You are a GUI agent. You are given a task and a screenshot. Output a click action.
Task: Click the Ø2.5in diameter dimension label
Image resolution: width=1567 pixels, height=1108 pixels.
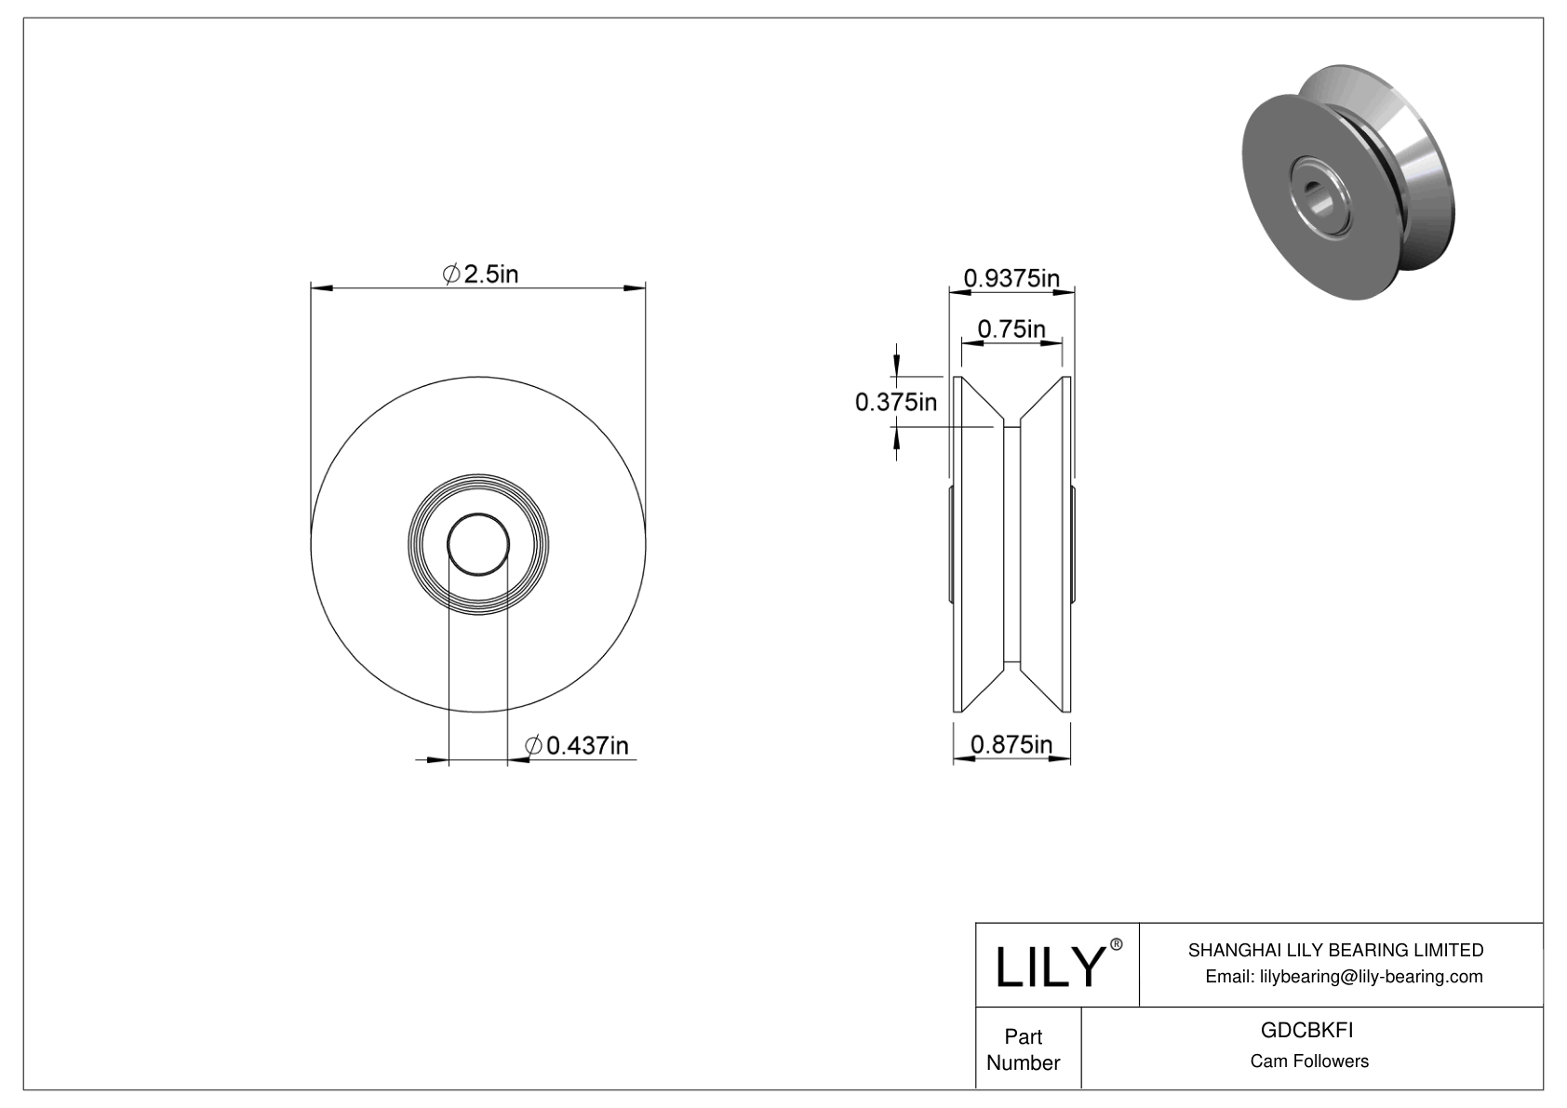pyautogui.click(x=480, y=274)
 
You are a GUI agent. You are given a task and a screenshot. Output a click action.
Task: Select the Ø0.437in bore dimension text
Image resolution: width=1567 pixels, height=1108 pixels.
pyautogui.click(x=576, y=746)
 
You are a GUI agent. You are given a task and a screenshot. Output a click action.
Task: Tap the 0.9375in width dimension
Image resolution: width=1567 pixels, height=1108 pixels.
pyautogui.click(x=1011, y=278)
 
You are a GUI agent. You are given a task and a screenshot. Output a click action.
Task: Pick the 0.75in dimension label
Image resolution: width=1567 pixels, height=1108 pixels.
pyautogui.click(x=1011, y=329)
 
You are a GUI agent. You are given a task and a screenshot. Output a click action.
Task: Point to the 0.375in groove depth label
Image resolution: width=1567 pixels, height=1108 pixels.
pyautogui.click(x=895, y=403)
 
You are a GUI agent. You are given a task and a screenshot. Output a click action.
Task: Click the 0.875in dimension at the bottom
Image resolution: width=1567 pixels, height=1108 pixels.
pyautogui.click(x=1011, y=744)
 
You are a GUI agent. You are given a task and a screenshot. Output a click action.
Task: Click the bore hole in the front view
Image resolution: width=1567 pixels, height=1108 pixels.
pyautogui.click(x=478, y=544)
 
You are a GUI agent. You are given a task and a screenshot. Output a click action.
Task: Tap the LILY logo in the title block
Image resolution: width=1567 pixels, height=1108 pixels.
pyautogui.click(x=1049, y=967)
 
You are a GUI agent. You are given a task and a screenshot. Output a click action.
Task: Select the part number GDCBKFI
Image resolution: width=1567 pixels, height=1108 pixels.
pyautogui.click(x=1306, y=1031)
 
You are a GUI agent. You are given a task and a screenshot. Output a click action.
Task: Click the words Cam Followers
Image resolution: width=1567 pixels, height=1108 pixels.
pyautogui.click(x=1308, y=1061)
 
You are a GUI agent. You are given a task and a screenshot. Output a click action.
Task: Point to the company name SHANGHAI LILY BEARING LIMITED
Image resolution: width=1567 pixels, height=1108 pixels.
pyautogui.click(x=1335, y=950)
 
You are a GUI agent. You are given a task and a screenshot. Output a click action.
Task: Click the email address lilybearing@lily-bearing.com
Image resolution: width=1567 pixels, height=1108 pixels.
pyautogui.click(x=1344, y=977)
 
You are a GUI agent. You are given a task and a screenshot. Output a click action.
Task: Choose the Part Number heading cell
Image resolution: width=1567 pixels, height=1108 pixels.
pyautogui.click(x=1023, y=1049)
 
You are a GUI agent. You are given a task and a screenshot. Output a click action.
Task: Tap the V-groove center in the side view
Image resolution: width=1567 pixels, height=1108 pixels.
pyautogui.click(x=1011, y=544)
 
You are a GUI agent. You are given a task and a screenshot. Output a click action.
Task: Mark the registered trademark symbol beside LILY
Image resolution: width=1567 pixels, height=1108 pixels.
pyautogui.click(x=1117, y=945)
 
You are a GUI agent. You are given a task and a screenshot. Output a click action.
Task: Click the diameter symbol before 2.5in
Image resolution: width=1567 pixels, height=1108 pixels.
pyautogui.click(x=450, y=274)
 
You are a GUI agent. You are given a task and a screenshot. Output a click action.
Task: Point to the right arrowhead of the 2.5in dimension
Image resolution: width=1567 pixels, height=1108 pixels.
pyautogui.click(x=636, y=288)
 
